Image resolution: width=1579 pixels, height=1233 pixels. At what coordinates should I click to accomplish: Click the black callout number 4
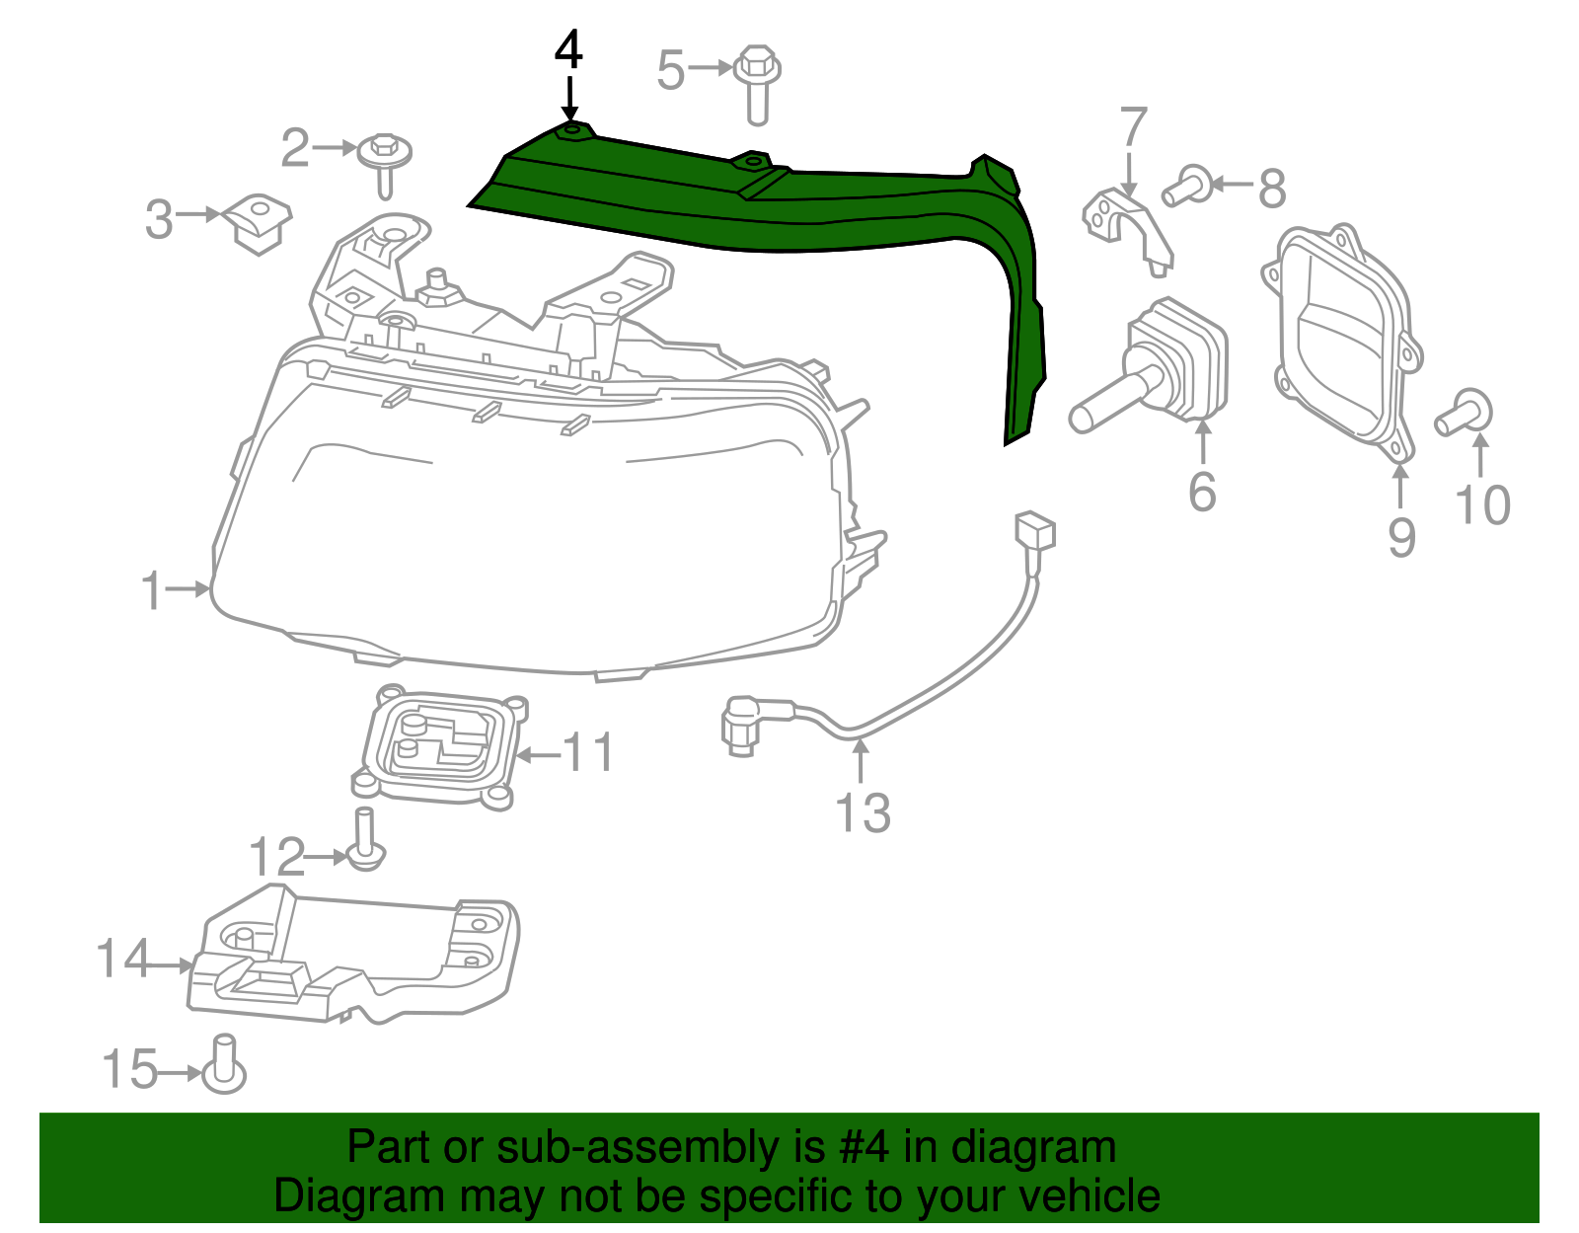[x=568, y=50]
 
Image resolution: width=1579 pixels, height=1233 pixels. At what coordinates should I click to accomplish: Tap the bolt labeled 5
[x=757, y=85]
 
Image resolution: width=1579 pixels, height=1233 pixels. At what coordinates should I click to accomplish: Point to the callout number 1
[x=152, y=590]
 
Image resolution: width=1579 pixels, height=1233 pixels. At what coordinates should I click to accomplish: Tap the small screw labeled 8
[x=1187, y=186]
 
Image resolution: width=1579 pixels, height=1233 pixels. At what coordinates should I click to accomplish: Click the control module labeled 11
[x=440, y=746]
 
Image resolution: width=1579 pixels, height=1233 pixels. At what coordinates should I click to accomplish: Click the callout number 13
[x=863, y=812]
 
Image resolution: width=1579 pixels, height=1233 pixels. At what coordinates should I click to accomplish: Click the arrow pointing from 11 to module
[x=539, y=755]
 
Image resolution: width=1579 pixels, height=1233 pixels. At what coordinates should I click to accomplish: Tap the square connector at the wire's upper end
[x=1034, y=532]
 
